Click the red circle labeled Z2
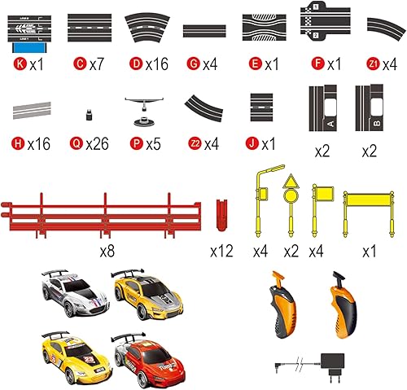point(192,144)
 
